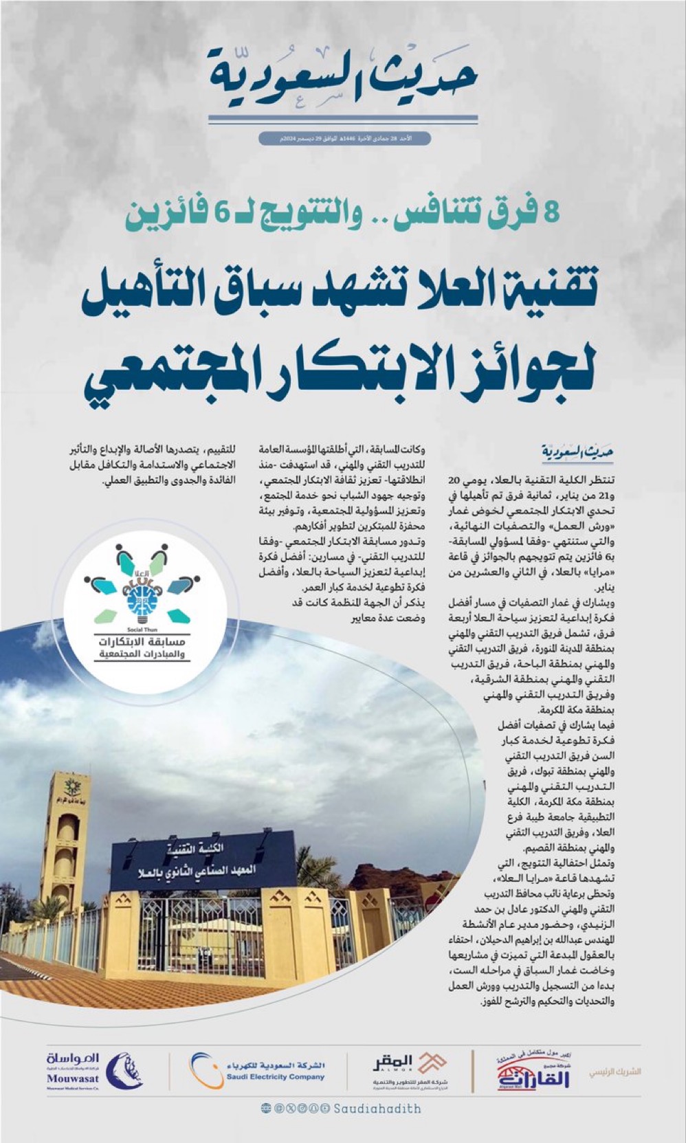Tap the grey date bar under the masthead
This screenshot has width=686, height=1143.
[344, 138]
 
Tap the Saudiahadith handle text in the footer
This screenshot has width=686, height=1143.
[377, 1109]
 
